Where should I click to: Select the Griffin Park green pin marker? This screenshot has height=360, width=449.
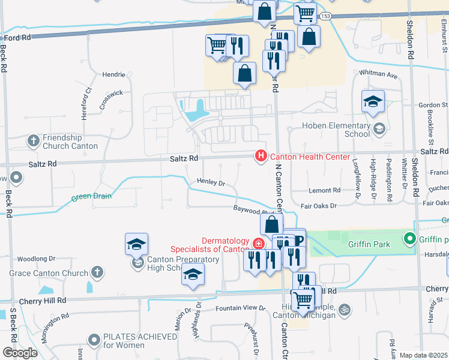pos(410,239)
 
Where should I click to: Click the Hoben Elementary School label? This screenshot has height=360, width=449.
pos(336,130)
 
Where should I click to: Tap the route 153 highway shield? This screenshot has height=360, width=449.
pos(325,16)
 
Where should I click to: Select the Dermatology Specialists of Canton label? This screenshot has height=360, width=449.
pos(209,245)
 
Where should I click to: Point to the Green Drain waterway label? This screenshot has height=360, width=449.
pos(92,196)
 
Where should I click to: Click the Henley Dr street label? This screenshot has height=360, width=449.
pos(211,182)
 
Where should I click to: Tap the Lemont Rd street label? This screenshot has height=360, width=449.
pos(324,190)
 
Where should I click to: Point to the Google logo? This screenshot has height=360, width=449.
pos(20,352)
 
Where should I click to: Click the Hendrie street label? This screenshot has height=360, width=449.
pos(114,74)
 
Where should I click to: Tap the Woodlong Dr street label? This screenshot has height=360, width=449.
pos(36,259)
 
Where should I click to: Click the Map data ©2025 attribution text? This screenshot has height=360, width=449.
pos(423,355)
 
